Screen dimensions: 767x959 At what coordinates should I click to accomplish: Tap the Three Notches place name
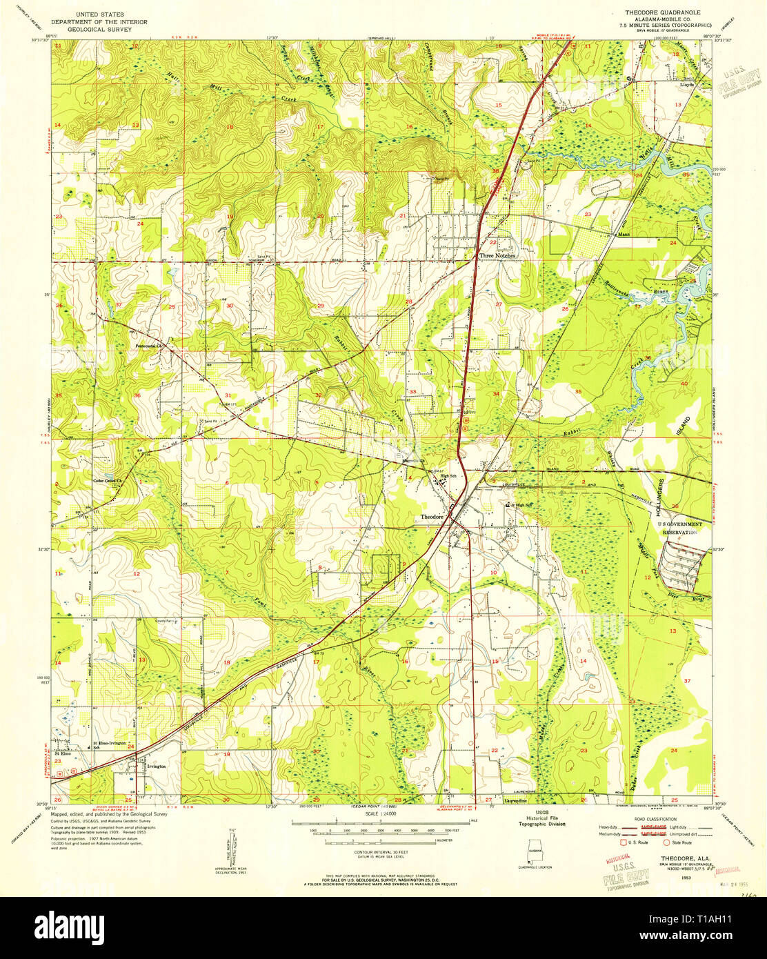(497, 255)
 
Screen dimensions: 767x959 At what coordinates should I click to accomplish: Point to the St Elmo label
(62, 754)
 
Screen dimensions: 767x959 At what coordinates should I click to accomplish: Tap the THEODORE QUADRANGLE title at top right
(661, 12)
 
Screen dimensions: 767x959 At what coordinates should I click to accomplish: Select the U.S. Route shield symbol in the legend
(626, 842)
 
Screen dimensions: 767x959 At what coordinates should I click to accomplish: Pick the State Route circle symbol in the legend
(666, 842)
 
